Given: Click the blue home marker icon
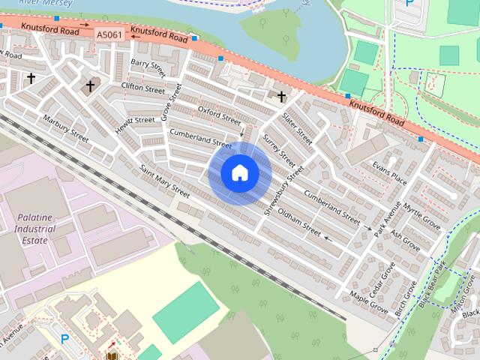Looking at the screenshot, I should click(239, 173).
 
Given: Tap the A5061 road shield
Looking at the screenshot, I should click(110, 34).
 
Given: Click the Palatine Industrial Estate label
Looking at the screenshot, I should click(34, 229).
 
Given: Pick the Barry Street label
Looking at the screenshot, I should click(148, 67).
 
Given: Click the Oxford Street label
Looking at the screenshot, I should click(219, 115).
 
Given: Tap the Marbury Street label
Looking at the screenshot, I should click(66, 128).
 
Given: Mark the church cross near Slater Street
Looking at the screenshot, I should click(282, 96).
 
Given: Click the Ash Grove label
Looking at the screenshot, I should click(406, 239).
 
